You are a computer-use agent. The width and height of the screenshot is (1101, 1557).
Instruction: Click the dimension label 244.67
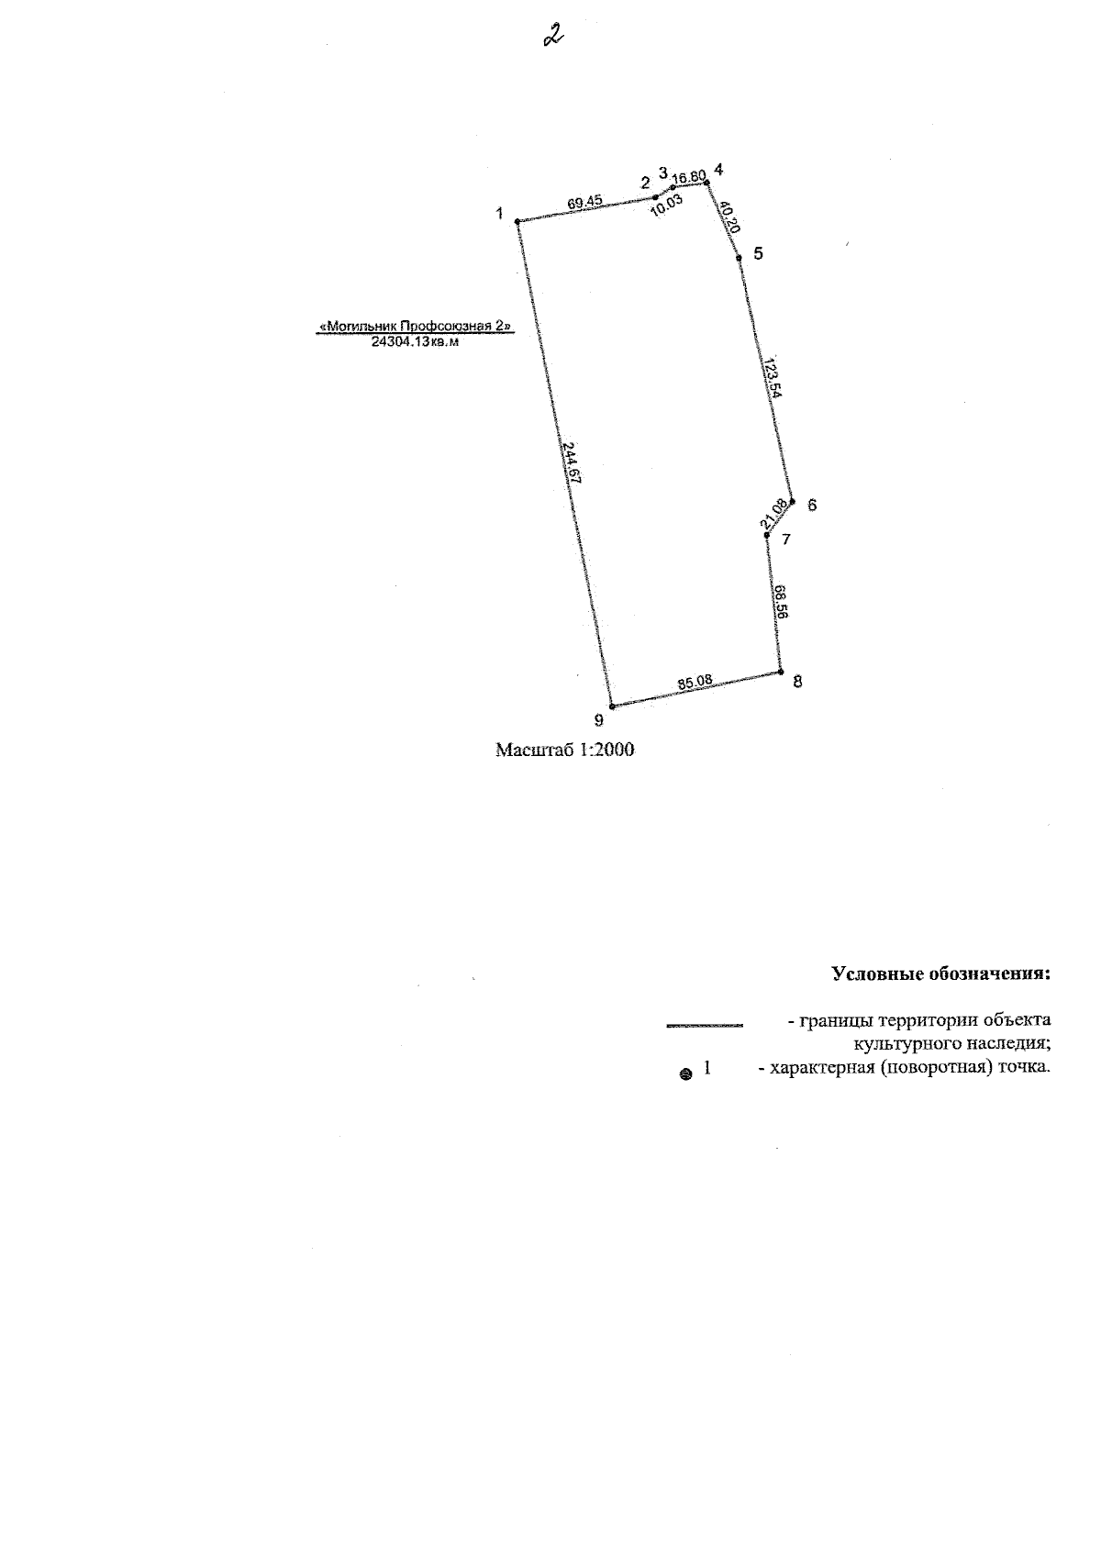pos(572,462)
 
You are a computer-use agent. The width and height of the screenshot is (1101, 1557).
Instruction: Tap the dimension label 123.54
pos(773,377)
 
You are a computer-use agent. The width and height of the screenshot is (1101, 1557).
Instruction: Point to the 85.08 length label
pos(695,682)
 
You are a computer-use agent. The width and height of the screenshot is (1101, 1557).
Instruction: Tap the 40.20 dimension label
pos(729,217)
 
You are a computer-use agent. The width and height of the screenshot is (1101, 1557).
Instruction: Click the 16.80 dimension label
pos(689,176)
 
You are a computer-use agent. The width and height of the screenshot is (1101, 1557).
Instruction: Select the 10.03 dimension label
pos(667,206)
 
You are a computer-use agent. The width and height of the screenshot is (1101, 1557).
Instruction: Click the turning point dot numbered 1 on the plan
pos(517,222)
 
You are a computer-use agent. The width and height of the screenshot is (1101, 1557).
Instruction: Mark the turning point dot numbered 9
pos(612,706)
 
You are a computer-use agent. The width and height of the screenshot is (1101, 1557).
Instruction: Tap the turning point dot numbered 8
pos(781,673)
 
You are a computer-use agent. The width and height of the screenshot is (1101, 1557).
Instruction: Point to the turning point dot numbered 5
pos(739,258)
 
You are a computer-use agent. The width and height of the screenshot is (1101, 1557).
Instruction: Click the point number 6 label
pos(812,506)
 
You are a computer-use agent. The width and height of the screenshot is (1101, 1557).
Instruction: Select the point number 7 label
pos(785,539)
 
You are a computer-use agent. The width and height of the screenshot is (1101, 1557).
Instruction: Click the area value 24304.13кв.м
pos(415,342)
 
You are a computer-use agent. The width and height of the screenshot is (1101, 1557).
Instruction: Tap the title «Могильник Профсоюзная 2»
pos(415,326)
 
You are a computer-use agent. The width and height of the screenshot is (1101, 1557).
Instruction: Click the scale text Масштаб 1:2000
pos(564,750)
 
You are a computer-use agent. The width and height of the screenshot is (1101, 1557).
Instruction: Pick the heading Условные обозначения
pos(941,973)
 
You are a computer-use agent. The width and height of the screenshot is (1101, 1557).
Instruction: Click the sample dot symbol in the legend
pos(686,1074)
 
